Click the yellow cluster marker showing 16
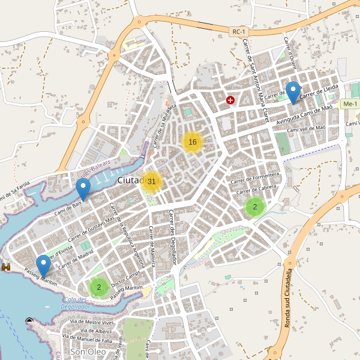coord(193,142)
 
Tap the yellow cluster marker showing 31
coord(152,181)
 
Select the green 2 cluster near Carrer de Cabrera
coord(255,207)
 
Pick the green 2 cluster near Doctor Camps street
coord(99,287)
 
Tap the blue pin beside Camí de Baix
coord(83,190)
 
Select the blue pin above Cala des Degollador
coord(43,266)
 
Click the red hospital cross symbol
coord(230,100)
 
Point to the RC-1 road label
coord(239,31)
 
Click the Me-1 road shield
coord(349,104)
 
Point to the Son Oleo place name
coord(88,352)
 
